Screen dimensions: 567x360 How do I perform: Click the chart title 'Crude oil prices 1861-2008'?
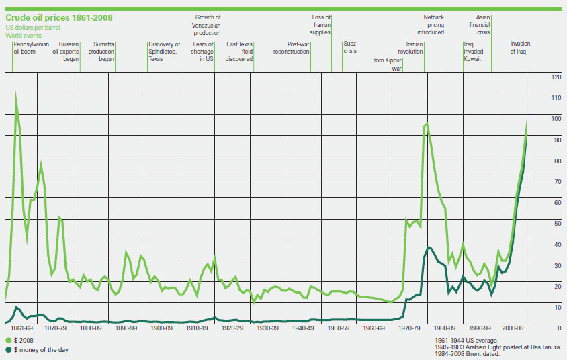59,17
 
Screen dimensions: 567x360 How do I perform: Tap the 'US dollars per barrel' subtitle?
33,28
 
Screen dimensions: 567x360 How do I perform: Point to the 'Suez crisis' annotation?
350,47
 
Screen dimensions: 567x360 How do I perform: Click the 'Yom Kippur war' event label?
387,64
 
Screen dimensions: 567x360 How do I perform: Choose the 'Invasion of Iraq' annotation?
520,47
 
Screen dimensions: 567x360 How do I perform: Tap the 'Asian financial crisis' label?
480,25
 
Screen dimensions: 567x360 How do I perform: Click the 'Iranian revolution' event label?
410,48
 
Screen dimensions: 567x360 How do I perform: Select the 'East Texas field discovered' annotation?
239,51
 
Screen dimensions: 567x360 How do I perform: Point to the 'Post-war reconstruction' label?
291,48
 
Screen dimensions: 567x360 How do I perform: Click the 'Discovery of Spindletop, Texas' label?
164,51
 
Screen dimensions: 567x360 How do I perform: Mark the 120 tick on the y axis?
556,77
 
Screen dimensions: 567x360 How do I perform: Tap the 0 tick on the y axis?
560,328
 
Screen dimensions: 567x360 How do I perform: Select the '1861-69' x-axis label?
21,328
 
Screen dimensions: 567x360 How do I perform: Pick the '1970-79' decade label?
409,328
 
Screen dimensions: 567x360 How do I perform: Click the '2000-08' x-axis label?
513,328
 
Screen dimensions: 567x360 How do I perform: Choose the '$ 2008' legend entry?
19,340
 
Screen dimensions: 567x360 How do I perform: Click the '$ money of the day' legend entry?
37,350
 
